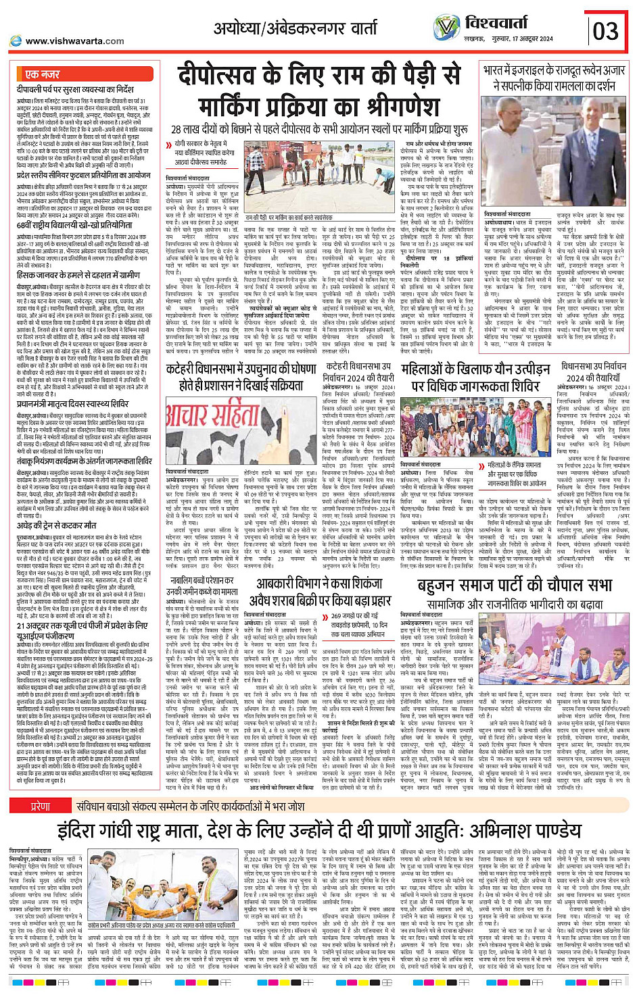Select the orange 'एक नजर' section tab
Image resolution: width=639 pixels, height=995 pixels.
(42, 74)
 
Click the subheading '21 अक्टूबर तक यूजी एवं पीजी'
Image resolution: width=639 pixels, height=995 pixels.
(81, 626)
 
